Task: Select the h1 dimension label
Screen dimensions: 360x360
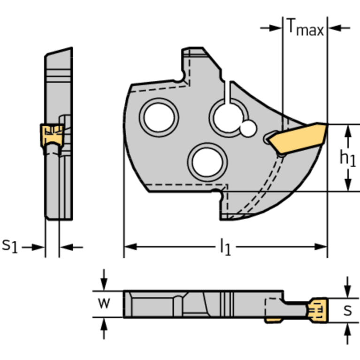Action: pos(347,159)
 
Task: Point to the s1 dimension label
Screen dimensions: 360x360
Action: pos(10,245)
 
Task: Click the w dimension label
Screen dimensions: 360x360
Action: pos(105,304)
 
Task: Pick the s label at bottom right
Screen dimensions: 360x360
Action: pos(347,310)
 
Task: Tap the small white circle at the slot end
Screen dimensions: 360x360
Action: pos(248,128)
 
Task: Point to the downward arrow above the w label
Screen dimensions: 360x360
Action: pos(105,286)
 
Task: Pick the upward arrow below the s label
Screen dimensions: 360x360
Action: pos(347,329)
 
